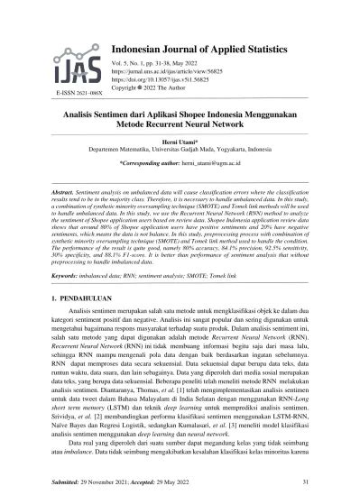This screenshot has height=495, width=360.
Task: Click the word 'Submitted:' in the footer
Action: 64,481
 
